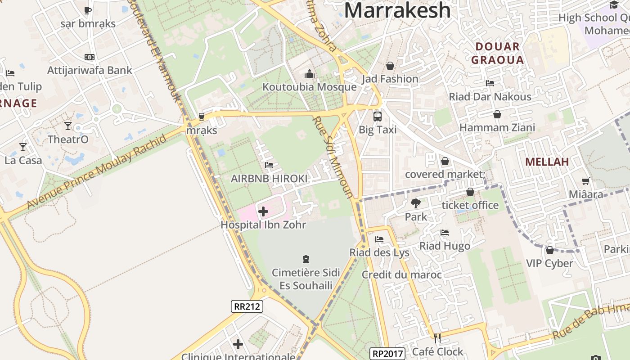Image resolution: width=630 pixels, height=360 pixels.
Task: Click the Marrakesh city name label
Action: (397, 10)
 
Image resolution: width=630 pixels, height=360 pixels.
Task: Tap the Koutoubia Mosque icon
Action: (310, 74)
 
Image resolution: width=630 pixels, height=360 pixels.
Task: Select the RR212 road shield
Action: (247, 306)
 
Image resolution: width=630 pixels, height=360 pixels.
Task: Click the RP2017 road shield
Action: (387, 353)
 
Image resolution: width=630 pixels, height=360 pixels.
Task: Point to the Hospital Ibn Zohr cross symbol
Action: (263, 211)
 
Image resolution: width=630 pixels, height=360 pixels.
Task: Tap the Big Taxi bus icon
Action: (378, 117)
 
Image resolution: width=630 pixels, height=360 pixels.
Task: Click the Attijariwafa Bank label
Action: (90, 70)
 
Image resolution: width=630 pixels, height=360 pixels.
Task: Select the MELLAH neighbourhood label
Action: (547, 162)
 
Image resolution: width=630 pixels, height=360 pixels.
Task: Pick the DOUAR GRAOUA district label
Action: (497, 53)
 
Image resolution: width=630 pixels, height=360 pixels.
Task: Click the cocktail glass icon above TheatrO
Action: (68, 126)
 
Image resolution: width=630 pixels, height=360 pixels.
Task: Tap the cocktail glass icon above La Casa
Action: (22, 147)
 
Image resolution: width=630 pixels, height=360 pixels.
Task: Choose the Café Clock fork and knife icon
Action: (437, 338)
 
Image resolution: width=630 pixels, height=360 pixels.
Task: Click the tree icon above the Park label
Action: (416, 203)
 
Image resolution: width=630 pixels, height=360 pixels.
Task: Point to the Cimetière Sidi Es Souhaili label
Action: (306, 279)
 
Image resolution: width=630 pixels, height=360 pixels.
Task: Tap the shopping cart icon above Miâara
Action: (585, 181)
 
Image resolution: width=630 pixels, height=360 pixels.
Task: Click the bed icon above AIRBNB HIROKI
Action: (269, 165)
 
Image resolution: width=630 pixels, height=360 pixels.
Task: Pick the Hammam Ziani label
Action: (497, 128)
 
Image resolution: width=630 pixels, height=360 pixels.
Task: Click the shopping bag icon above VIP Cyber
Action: (549, 250)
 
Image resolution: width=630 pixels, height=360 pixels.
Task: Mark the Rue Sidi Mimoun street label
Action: (333, 157)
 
